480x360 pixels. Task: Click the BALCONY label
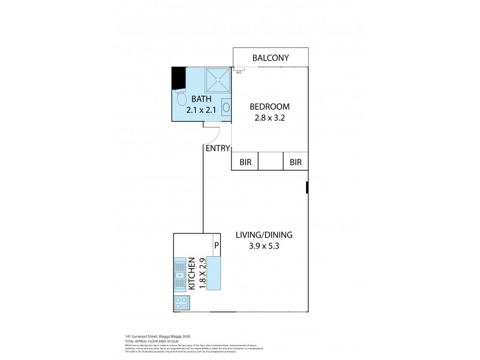[x=271, y=58]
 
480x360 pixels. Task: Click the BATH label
[x=202, y=99]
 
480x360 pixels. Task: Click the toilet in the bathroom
[x=180, y=96]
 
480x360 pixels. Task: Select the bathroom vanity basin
[x=226, y=109]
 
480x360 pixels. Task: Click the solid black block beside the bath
[x=178, y=77]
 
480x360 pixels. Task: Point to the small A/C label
[x=239, y=73]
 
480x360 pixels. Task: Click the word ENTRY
[x=218, y=148]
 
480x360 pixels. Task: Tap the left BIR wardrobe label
[x=245, y=161]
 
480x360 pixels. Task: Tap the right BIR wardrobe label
[x=295, y=161]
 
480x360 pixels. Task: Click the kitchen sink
[x=180, y=275]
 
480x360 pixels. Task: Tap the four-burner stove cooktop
[x=180, y=304]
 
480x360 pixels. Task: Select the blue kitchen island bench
[x=214, y=272]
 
